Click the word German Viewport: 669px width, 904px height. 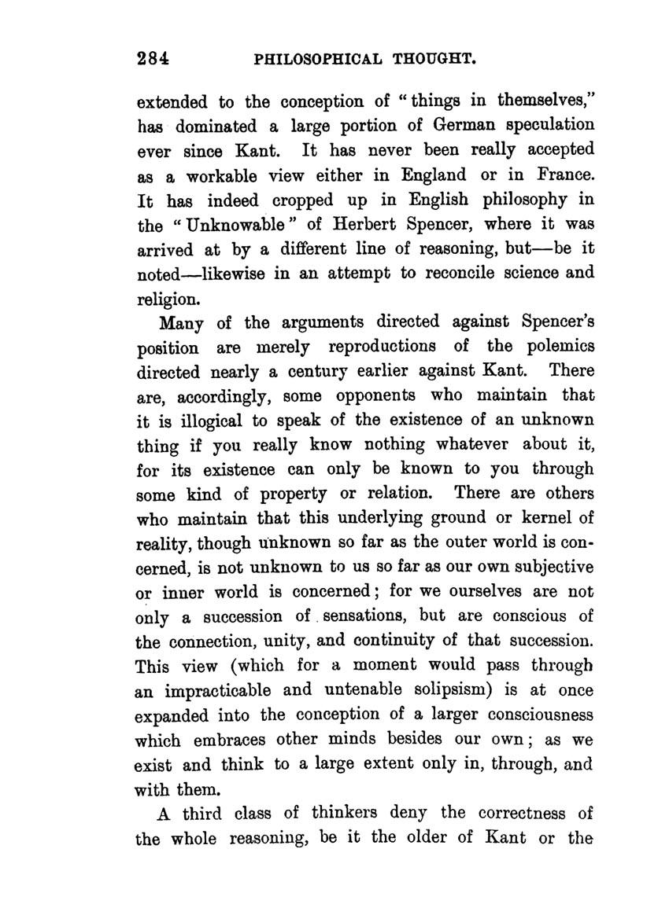(434, 126)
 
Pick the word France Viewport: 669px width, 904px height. (564, 174)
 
